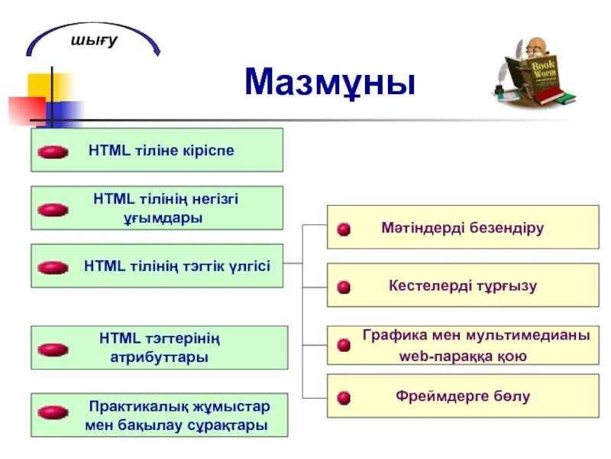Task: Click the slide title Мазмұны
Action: (x=330, y=82)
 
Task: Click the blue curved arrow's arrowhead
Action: (x=157, y=51)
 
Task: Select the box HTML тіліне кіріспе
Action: (x=157, y=150)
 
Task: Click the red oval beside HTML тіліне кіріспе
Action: (x=53, y=152)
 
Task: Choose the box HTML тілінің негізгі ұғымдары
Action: (x=157, y=208)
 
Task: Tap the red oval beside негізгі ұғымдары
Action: (x=53, y=210)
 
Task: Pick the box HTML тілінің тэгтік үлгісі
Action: (x=157, y=266)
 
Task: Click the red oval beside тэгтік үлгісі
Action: (x=53, y=268)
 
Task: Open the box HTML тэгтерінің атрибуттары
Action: (x=159, y=347)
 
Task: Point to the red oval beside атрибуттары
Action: (x=53, y=350)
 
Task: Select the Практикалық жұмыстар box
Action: (x=159, y=415)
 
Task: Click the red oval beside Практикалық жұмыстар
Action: (x=53, y=412)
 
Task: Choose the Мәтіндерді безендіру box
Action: (x=463, y=227)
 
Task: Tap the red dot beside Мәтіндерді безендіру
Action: (x=344, y=229)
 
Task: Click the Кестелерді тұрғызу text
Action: (x=463, y=286)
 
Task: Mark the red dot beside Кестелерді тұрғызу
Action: (x=344, y=287)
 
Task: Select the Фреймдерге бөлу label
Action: (x=463, y=396)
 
